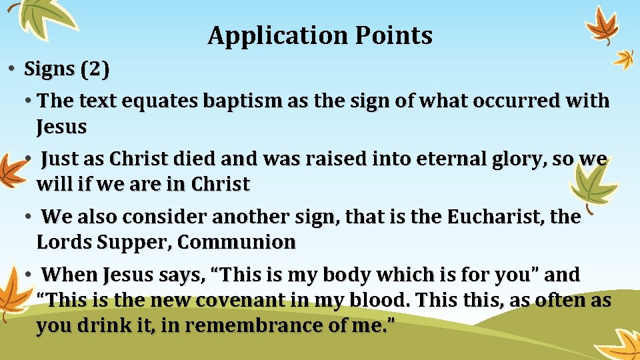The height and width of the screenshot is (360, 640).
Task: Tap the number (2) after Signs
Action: pos(95,69)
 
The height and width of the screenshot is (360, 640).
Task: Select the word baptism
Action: pos(239,101)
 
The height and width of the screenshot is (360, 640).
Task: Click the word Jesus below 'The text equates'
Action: pos(61,126)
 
